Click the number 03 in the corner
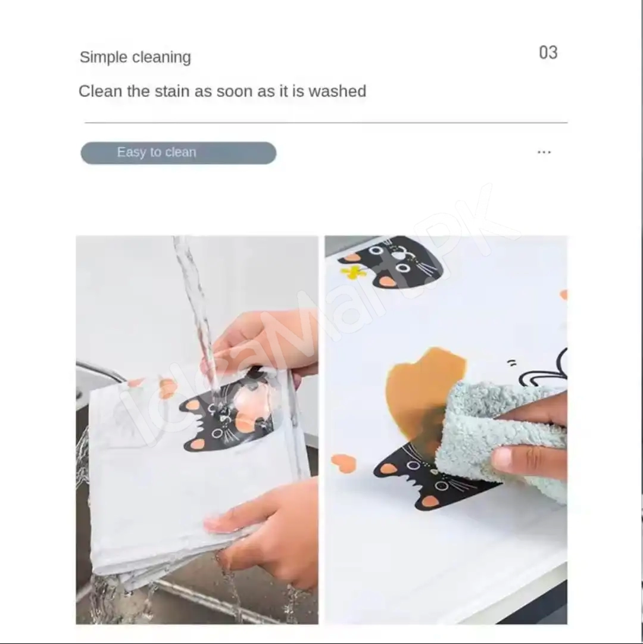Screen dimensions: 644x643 click(x=548, y=52)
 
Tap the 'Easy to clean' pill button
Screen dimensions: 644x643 click(x=179, y=153)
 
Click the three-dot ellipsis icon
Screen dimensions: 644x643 click(x=544, y=153)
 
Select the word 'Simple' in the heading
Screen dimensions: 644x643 click(x=104, y=57)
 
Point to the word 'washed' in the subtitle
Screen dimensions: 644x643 click(x=337, y=91)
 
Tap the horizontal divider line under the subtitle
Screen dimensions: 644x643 click(x=326, y=123)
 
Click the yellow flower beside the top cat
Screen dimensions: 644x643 click(x=353, y=272)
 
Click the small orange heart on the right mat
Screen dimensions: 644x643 click(x=344, y=463)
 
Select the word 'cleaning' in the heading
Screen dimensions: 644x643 click(x=162, y=57)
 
